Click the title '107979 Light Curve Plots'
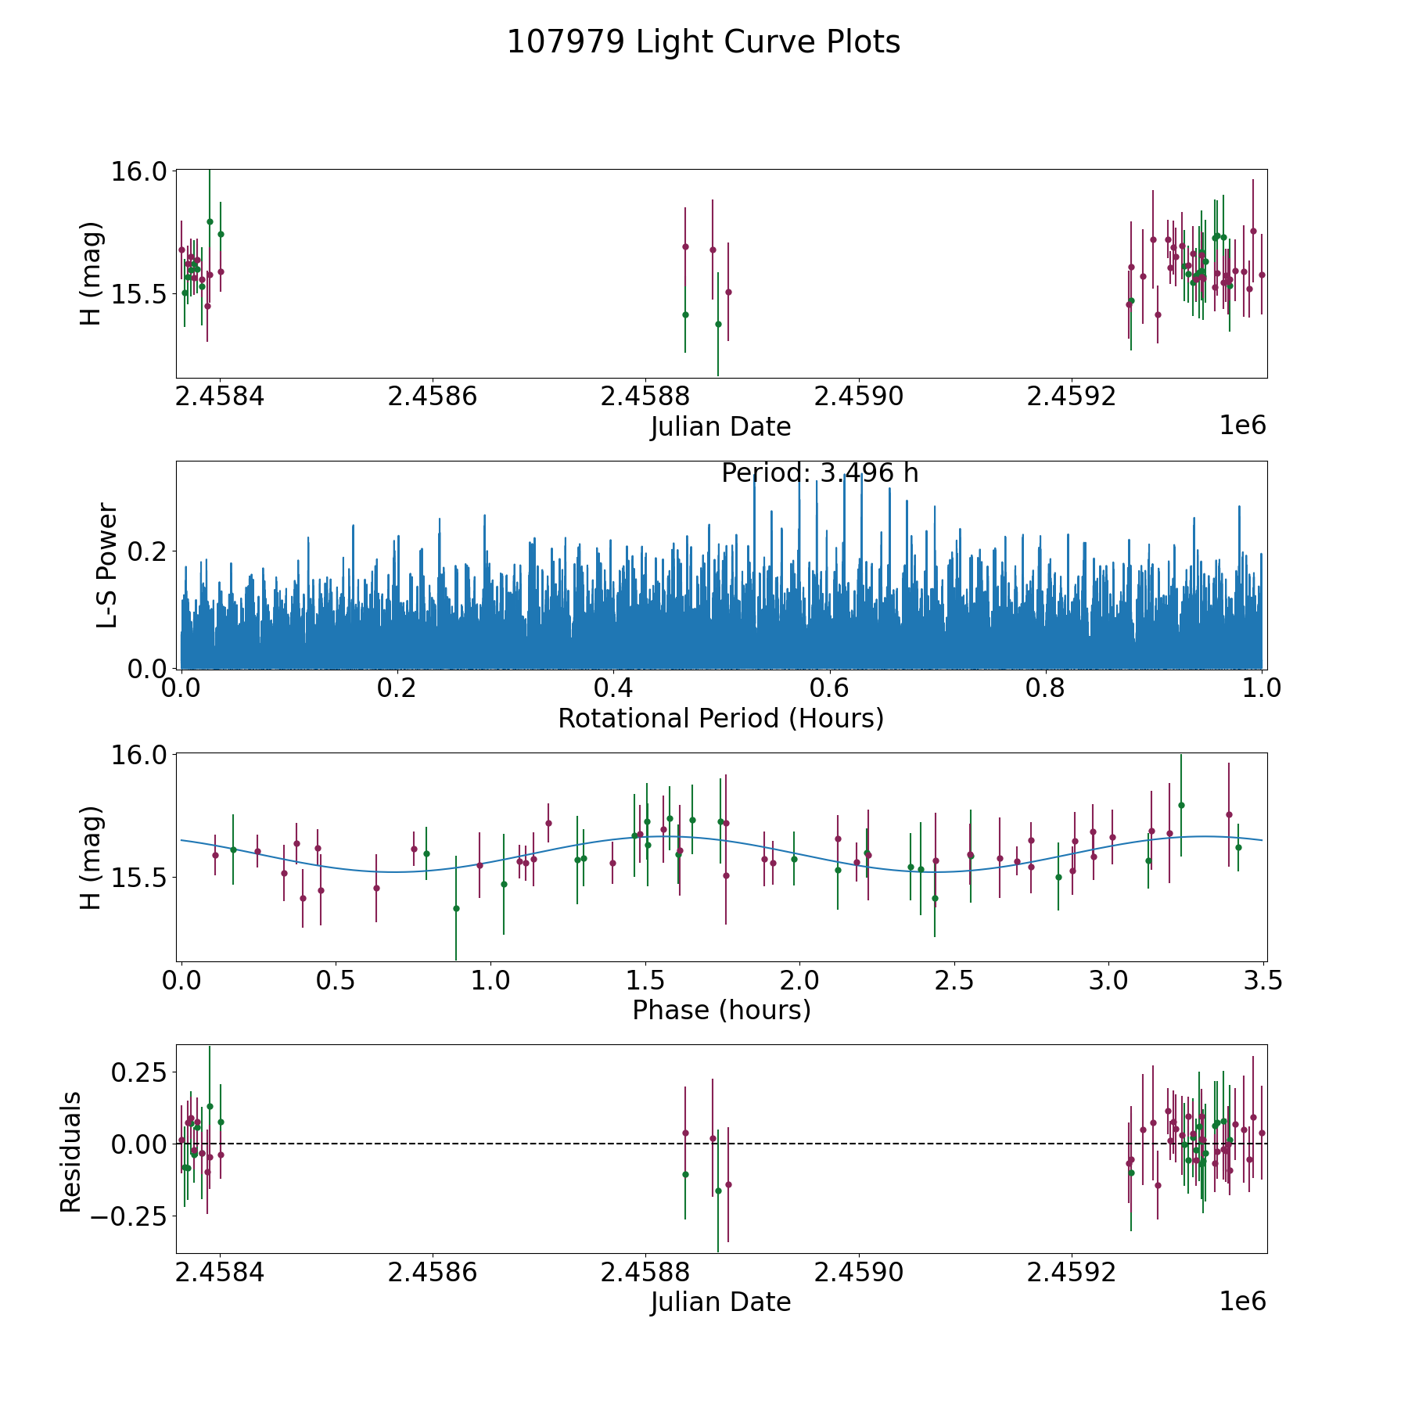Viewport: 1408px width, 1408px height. click(x=703, y=42)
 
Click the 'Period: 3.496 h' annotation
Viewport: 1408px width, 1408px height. click(x=819, y=473)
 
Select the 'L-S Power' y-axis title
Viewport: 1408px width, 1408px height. click(x=107, y=565)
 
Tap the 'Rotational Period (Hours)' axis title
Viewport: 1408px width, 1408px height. click(x=720, y=718)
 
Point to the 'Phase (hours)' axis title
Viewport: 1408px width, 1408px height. click(x=720, y=1010)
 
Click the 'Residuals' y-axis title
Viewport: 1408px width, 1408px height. click(x=71, y=1151)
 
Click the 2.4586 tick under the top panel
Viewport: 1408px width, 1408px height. click(x=433, y=397)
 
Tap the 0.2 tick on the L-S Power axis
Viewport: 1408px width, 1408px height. click(x=147, y=551)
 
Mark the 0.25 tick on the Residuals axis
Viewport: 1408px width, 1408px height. click(x=138, y=1071)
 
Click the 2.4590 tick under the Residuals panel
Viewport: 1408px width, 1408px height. click(x=858, y=1272)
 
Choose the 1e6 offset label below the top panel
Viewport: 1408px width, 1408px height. click(x=1242, y=426)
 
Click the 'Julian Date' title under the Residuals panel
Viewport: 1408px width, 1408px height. click(x=720, y=1302)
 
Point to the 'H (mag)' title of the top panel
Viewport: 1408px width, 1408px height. click(x=92, y=274)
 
